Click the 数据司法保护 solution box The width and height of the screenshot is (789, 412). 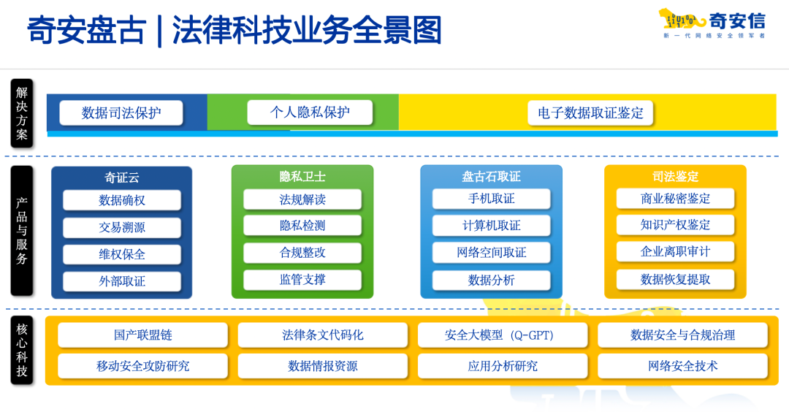click(x=121, y=112)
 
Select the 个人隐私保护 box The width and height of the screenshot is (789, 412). click(x=310, y=112)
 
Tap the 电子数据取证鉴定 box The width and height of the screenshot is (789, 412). click(x=590, y=112)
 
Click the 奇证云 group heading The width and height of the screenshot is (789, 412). click(x=122, y=178)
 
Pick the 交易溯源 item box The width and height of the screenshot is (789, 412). click(x=122, y=227)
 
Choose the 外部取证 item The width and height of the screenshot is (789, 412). click(x=122, y=281)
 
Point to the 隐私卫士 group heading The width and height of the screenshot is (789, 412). click(x=302, y=177)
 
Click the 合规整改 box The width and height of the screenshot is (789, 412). click(x=302, y=253)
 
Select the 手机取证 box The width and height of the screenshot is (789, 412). click(x=491, y=199)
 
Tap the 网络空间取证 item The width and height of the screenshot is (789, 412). click(x=491, y=253)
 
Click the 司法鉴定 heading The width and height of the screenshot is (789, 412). click(x=675, y=177)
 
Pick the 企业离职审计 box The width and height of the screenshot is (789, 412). click(x=675, y=251)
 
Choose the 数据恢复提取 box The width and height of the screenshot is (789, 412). click(x=675, y=279)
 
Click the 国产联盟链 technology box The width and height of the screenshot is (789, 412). click(x=143, y=335)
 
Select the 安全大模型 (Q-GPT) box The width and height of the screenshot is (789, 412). click(x=503, y=335)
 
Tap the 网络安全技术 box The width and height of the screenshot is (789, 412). click(x=683, y=366)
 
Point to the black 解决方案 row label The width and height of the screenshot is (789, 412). click(x=22, y=113)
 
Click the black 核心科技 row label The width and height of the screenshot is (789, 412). click(x=22, y=350)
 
